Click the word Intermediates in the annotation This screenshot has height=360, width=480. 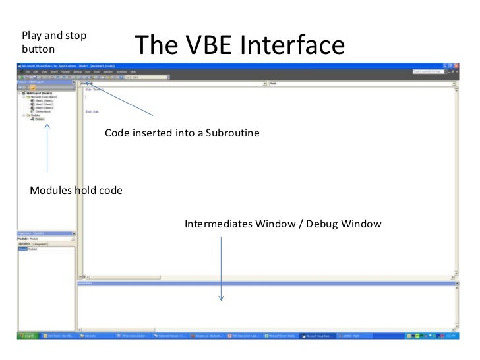pos(218,224)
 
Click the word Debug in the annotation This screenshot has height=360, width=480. pos(324,224)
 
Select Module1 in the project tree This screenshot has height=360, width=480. pos(40,120)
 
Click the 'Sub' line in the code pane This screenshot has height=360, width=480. pos(92,90)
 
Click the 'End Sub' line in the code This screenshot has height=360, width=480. pos(92,111)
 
